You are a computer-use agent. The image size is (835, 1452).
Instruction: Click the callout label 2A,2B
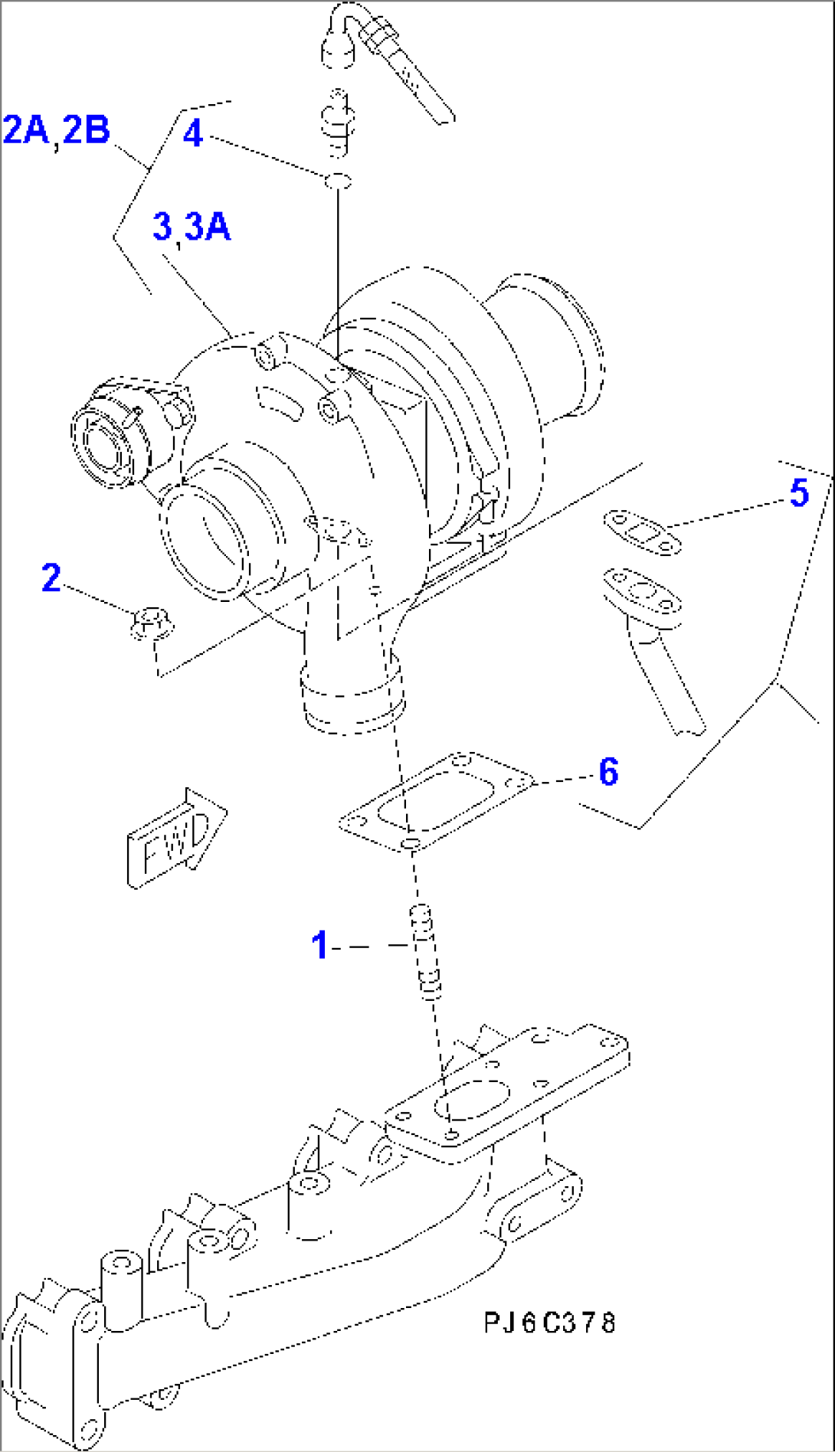tap(57, 130)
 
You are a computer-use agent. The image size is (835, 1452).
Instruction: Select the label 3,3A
tap(192, 227)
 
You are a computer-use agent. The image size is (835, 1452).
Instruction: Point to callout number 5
tap(798, 492)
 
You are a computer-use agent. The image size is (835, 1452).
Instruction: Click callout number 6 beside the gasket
tap(607, 771)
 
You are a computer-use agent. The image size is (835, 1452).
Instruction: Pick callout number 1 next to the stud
tap(319, 945)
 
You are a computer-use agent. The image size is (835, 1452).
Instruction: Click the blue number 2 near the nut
tap(51, 577)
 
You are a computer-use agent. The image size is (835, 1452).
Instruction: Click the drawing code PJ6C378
tap(549, 1323)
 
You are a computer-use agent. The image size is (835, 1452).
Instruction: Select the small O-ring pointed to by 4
tap(338, 181)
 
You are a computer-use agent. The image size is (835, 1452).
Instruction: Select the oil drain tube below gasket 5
tap(659, 651)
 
